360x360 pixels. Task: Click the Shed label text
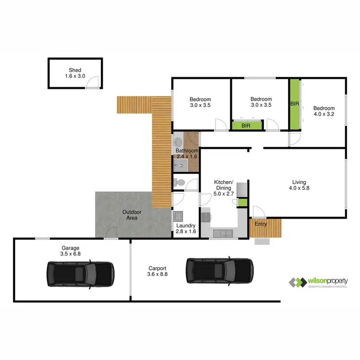click(75, 70)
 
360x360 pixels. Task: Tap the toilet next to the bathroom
click(179, 182)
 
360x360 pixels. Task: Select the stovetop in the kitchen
click(206, 217)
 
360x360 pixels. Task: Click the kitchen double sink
click(223, 233)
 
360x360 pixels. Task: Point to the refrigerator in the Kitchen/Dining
click(242, 190)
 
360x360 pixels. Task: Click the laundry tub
click(177, 216)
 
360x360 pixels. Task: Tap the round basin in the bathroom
click(178, 143)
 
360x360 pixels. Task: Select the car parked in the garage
click(80, 274)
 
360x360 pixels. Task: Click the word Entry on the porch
click(261, 224)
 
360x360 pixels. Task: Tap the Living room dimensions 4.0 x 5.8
click(300, 189)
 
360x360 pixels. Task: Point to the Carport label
click(157, 269)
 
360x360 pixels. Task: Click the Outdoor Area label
click(132, 215)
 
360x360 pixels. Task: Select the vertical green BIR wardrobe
click(294, 104)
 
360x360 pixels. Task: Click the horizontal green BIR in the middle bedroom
click(246, 126)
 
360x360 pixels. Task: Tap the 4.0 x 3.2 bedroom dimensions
click(324, 115)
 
